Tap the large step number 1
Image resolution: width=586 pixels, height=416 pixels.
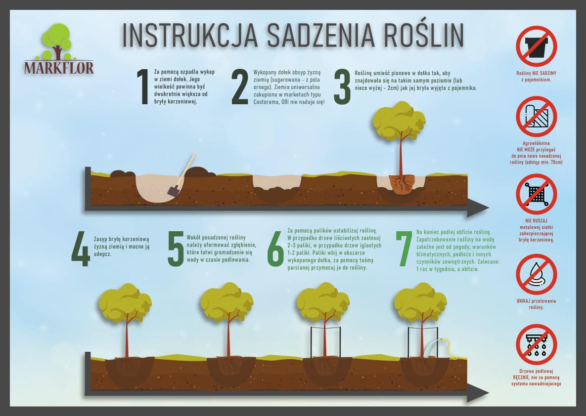(x=143, y=86)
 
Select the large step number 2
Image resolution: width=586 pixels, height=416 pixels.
(x=240, y=86)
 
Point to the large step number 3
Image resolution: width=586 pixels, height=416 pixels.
(x=342, y=86)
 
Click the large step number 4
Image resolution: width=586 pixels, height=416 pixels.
(x=81, y=249)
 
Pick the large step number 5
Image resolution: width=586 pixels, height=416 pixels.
(x=176, y=249)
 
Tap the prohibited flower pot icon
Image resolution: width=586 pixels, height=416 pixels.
(x=536, y=46)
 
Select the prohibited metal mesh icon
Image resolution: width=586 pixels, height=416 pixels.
(x=536, y=194)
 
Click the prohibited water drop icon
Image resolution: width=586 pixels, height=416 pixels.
(x=536, y=275)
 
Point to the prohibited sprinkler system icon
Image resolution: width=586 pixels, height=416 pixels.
(x=536, y=344)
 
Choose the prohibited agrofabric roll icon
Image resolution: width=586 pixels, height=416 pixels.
(x=536, y=116)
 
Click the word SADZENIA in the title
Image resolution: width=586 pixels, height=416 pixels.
(x=320, y=36)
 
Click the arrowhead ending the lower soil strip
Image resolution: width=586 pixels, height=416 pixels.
(x=478, y=392)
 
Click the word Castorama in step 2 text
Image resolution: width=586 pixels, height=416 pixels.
(x=266, y=102)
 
